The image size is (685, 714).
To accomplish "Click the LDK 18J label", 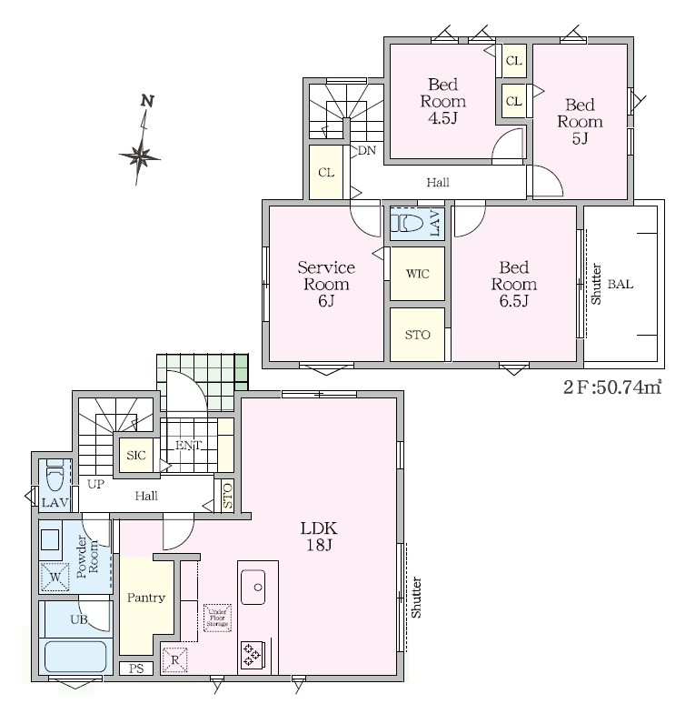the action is (x=319, y=536).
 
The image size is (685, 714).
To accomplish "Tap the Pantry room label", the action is (x=146, y=598).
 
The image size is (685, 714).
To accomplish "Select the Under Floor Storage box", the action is (x=217, y=618).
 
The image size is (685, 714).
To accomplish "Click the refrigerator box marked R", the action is (x=175, y=659).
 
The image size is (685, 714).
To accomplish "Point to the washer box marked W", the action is (x=55, y=578).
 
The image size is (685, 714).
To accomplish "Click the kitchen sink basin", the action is (x=253, y=587).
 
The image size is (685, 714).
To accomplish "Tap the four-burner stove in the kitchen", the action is (x=251, y=655).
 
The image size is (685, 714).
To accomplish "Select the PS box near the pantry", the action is (x=136, y=668).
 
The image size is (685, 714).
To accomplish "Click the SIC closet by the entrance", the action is (x=136, y=455).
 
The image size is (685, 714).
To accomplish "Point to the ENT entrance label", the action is (x=189, y=445).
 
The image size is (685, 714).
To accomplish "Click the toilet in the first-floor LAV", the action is (x=55, y=476).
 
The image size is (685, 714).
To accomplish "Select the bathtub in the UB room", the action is (x=75, y=656).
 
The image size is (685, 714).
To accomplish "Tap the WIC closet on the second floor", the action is (x=417, y=273).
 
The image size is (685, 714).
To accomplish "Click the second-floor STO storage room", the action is (x=417, y=335).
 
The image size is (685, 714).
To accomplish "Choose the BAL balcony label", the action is (x=620, y=284).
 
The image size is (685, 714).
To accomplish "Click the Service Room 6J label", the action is (x=326, y=284).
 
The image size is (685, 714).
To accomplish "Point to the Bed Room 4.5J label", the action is (x=442, y=101).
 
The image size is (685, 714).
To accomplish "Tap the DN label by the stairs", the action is (x=367, y=150).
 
